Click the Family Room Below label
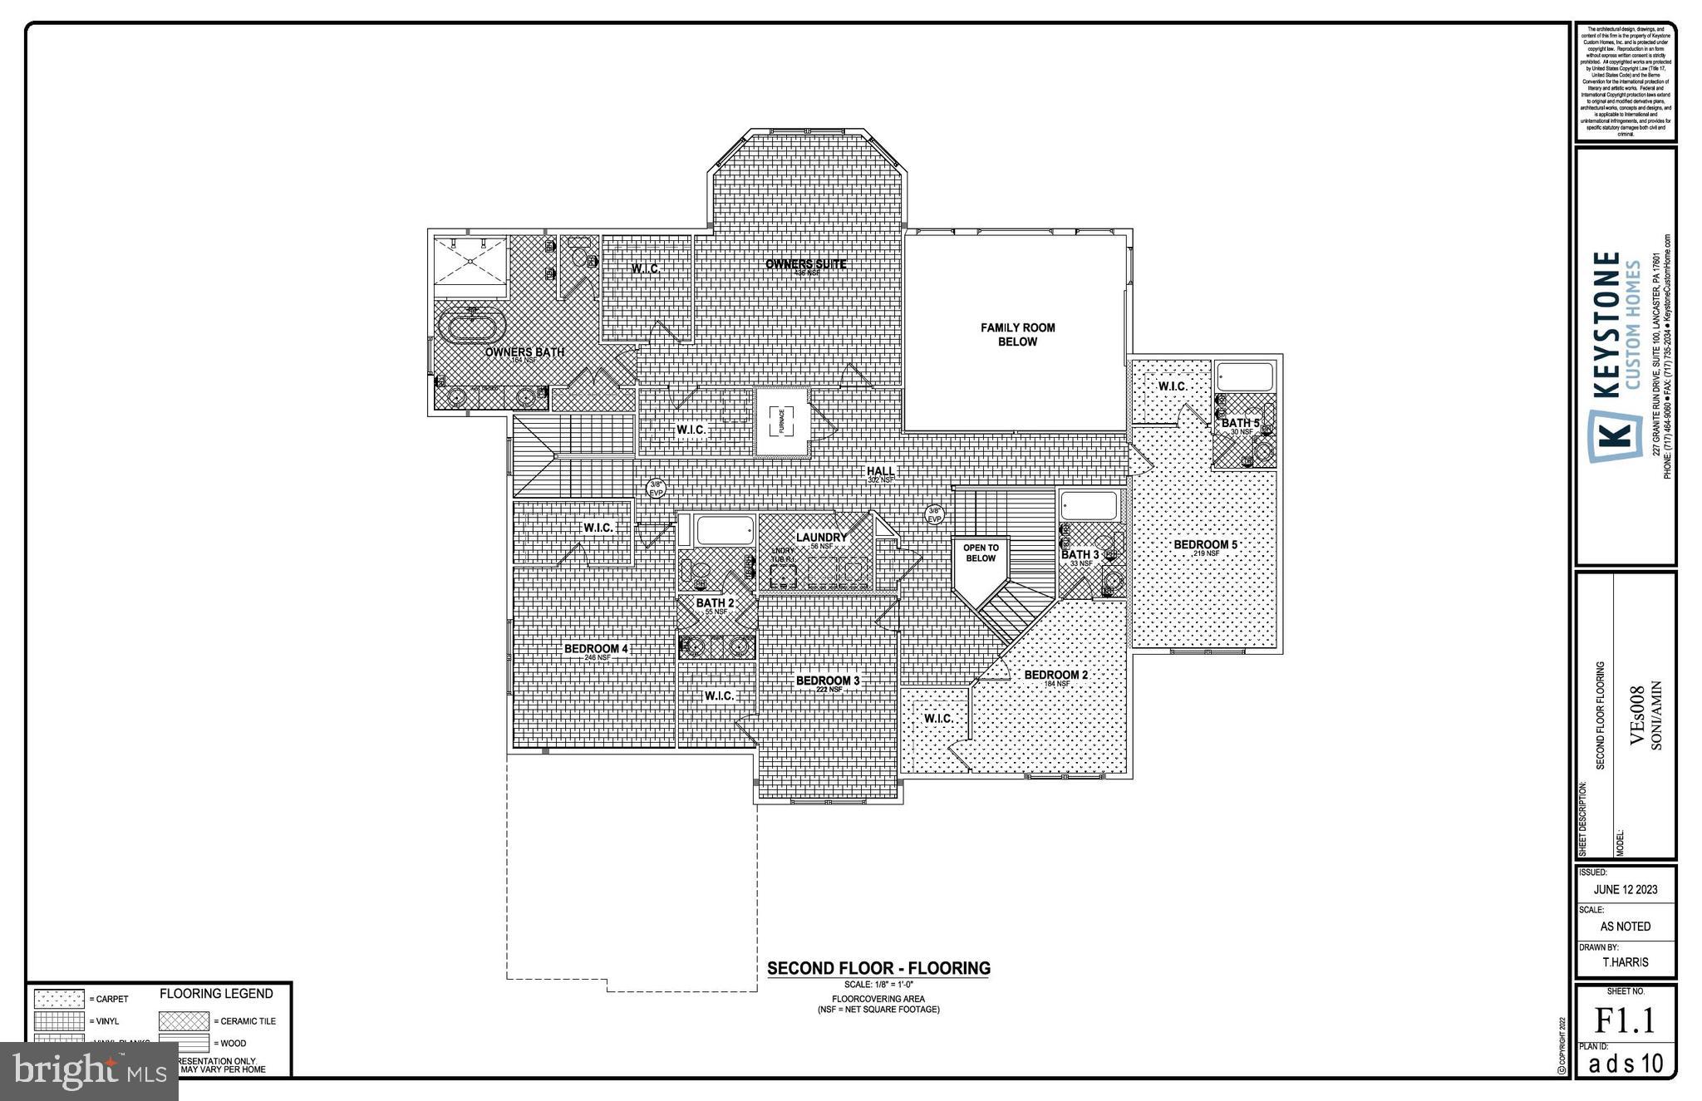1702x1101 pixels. pos(1017,335)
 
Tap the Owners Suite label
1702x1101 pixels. pos(805,264)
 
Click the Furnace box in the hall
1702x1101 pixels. pos(781,421)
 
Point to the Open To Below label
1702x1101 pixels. pos(981,553)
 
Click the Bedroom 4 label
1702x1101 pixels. pos(596,649)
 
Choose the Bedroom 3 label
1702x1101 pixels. pos(828,681)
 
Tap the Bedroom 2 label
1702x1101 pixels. pos(1055,675)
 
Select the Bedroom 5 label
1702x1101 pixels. pos(1205,545)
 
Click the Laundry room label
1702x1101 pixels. pos(821,538)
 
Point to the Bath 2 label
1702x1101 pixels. pos(715,603)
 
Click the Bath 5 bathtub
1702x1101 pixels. pos(1244,376)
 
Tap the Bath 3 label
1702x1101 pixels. pos(1080,554)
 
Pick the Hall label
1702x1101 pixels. pos(880,471)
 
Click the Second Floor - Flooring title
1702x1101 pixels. pos(878,968)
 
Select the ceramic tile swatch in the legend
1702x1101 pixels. pos(184,1021)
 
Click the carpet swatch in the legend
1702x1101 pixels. pos(59,999)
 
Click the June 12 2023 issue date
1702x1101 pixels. pos(1626,889)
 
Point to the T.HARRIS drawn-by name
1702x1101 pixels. pos(1626,962)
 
